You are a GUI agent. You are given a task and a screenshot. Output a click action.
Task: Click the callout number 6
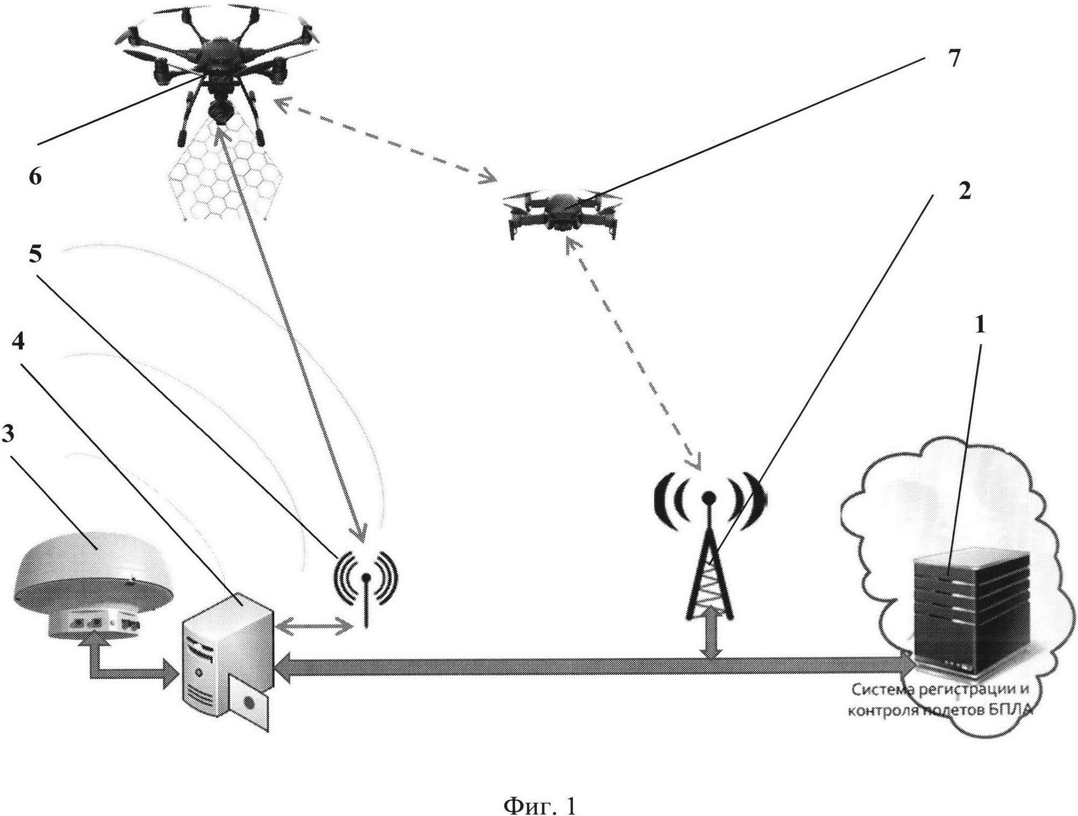[35, 176]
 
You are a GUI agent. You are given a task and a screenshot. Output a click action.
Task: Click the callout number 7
[954, 59]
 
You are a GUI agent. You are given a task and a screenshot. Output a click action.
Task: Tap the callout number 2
[965, 192]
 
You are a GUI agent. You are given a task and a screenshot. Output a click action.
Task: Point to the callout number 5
[35, 255]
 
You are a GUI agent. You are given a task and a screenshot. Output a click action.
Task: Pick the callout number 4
[18, 342]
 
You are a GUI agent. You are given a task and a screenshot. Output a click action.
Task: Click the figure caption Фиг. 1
[539, 791]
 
